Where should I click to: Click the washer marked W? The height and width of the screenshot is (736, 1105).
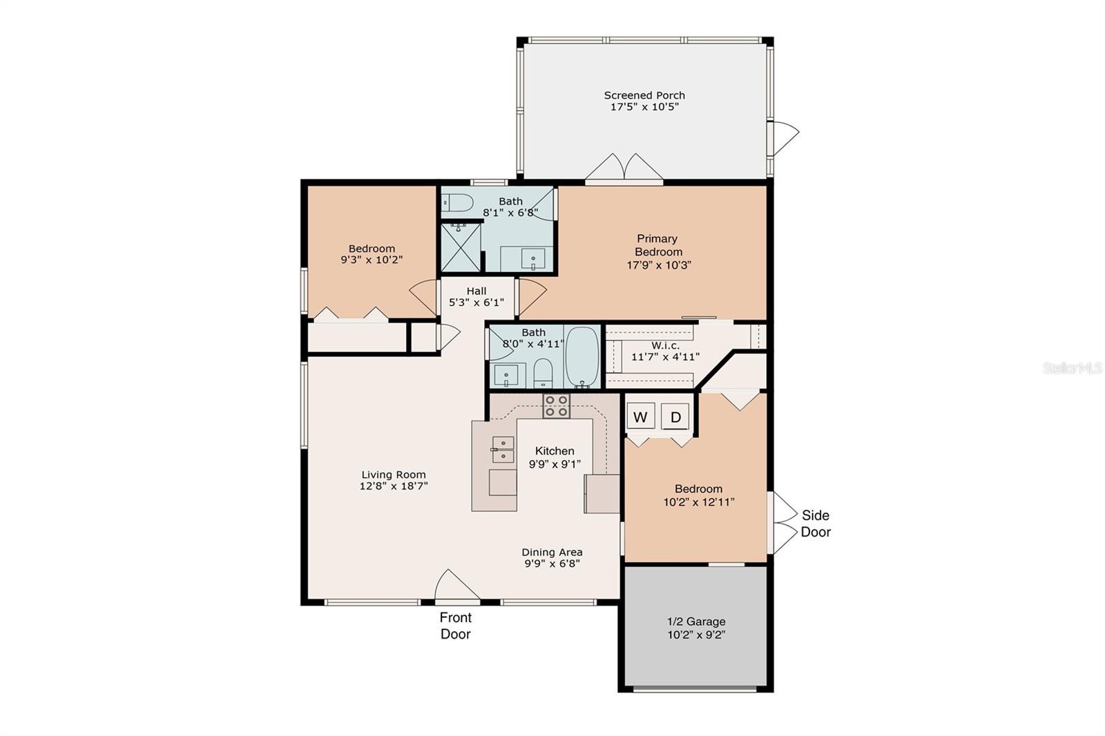pos(640,417)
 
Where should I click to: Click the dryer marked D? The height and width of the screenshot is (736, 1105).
pos(675,417)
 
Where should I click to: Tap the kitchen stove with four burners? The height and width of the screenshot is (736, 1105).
pos(557,405)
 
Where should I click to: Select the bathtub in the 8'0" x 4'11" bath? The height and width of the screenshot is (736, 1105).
pos(582,357)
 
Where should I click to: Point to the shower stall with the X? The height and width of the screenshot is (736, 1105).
pos(461,248)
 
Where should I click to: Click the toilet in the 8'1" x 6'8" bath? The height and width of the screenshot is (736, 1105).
pos(457,202)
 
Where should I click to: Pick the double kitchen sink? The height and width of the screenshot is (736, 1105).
pos(503,449)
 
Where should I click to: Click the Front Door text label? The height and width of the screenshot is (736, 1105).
pos(456,626)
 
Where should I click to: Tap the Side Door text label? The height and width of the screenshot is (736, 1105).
pos(816,523)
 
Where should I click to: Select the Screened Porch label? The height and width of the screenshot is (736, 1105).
pos(644,95)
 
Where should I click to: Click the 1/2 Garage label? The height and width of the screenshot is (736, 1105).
pos(696,621)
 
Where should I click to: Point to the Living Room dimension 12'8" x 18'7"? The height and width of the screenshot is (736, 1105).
pos(393,486)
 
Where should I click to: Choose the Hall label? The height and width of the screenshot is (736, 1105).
pos(477,291)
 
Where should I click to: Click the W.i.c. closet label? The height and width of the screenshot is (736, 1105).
pos(666,345)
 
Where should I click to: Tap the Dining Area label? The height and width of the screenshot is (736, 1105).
pos(552,552)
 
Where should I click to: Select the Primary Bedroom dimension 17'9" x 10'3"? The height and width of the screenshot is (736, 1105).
pos(659,265)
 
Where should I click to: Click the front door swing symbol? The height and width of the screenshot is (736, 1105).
pos(457,585)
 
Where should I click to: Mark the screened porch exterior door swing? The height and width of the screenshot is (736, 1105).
pos(785,138)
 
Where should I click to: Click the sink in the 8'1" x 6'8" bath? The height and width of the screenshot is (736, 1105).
pos(533,259)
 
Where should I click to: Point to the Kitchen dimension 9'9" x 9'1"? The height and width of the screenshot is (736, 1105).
pos(555,464)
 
